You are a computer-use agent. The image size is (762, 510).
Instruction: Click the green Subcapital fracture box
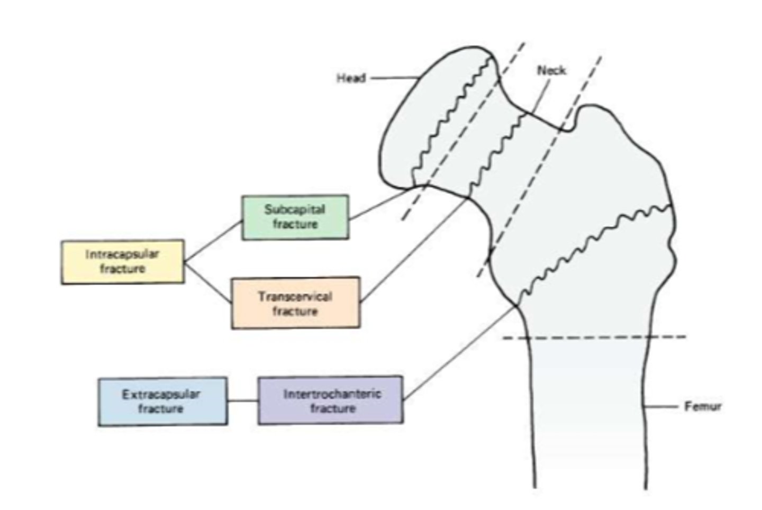click(x=295, y=217)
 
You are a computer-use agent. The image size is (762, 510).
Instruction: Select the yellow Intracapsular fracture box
click(x=123, y=261)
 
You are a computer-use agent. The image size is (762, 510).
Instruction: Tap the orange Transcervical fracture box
click(x=295, y=303)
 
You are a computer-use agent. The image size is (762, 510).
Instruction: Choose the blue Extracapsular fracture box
click(x=162, y=401)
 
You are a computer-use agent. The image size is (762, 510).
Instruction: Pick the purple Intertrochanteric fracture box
click(x=331, y=400)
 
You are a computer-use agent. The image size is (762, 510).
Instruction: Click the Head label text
click(x=351, y=78)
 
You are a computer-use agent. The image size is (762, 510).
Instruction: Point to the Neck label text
click(x=551, y=70)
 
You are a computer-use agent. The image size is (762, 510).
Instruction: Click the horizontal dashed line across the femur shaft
click(x=593, y=337)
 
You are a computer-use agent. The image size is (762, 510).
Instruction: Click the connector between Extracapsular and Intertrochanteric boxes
click(x=243, y=401)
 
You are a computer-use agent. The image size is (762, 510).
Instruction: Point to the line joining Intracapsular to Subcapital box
click(x=213, y=241)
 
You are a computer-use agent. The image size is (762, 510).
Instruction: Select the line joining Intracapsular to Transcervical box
click(x=208, y=283)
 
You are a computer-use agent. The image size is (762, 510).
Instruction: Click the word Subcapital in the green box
click(x=295, y=209)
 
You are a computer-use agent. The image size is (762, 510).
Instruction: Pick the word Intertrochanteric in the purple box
click(x=332, y=394)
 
